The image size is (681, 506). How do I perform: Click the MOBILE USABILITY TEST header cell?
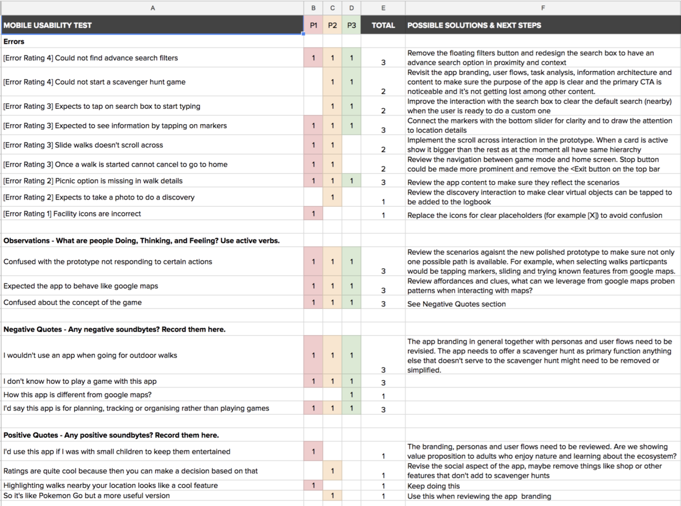(47, 26)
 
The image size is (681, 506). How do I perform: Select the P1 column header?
(313, 26)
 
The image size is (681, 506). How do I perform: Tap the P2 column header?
(333, 26)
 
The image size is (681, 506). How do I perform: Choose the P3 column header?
(351, 26)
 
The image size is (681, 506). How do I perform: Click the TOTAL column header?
(383, 26)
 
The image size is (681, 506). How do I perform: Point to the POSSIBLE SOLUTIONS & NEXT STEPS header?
(474, 26)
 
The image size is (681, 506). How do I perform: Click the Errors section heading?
(14, 42)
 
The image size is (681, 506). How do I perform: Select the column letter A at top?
(152, 8)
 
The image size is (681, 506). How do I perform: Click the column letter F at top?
(542, 8)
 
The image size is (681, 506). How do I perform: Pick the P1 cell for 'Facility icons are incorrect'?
(313, 214)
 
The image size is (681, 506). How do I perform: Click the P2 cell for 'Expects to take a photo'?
(333, 197)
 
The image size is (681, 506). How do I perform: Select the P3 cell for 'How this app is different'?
(351, 395)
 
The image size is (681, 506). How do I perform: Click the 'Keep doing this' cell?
(434, 486)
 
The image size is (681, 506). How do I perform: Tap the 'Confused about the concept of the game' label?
(72, 302)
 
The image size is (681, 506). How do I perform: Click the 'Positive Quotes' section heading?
(111, 435)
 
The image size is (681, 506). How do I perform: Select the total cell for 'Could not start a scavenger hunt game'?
(383, 91)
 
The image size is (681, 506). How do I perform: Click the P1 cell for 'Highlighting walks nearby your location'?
(313, 485)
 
